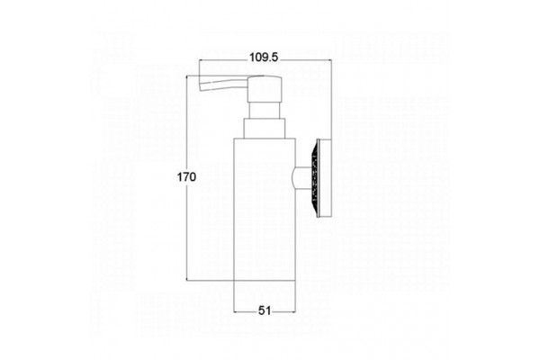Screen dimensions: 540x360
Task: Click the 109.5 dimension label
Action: tap(264, 58)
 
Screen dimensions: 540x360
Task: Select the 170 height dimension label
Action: tap(186, 177)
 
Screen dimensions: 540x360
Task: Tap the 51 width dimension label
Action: tap(265, 310)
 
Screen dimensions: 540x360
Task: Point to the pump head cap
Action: tap(265, 89)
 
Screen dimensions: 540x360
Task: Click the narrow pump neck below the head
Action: tap(265, 110)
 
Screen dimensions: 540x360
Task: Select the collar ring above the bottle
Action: tap(265, 129)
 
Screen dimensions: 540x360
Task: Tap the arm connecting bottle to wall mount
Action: tap(302, 178)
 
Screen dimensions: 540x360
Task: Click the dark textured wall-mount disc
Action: tap(314, 178)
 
